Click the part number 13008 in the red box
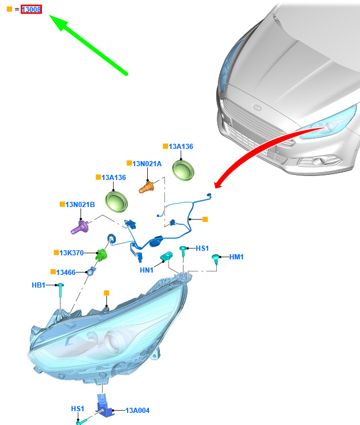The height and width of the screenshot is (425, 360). pos(31,9)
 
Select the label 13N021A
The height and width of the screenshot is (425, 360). pos(147,164)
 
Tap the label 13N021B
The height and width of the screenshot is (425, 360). pos(80,205)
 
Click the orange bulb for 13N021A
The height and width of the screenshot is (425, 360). pos(147,187)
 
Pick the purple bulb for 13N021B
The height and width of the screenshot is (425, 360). pos(79,227)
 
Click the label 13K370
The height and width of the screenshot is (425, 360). pos(71,253)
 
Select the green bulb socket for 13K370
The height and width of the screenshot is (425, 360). pos(101,255)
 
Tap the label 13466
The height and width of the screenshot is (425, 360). pos(66,273)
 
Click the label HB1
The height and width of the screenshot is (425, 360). pos(39,285)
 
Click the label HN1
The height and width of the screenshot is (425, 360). pos(147,270)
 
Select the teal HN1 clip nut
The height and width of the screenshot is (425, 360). pos(166,255)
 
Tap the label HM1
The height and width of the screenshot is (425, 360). pos(236,257)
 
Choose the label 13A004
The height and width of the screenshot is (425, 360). pos(137,411)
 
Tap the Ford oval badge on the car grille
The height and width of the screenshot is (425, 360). pos(256,107)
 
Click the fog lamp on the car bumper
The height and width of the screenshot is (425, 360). pos(319,161)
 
